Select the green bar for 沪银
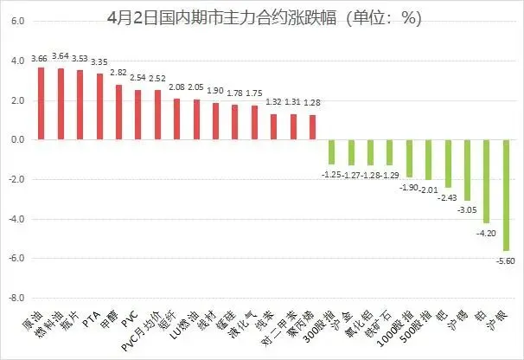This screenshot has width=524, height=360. (x=506, y=195)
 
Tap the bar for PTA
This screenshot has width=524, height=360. (x=99, y=106)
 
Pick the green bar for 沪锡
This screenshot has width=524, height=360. (x=467, y=170)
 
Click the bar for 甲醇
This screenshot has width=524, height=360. (x=118, y=112)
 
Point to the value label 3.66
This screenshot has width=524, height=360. (x=39, y=59)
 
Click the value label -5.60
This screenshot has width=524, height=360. (x=506, y=259)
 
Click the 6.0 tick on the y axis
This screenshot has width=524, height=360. (x=17, y=22)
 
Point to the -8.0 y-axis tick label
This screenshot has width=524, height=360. (x=16, y=298)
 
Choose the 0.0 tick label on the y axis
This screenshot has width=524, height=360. (x=17, y=139)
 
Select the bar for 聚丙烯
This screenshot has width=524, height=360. (x=312, y=127)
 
